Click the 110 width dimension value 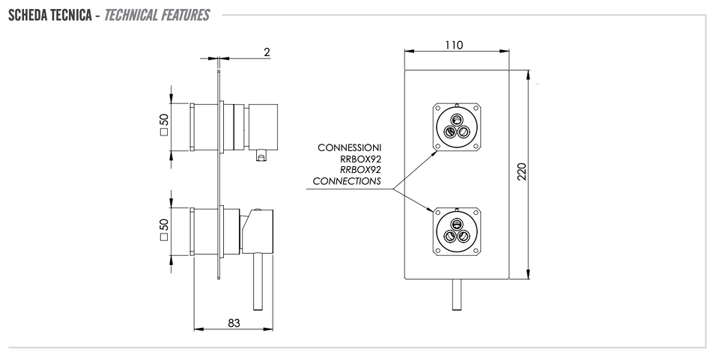point(454,45)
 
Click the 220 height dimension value point(522,171)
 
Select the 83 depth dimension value point(234,323)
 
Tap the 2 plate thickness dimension point(267,52)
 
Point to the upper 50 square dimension point(164,124)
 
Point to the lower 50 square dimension point(164,230)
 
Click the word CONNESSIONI point(350,148)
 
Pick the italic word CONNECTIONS point(347,181)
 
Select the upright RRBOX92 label point(360,159)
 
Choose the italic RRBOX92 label point(360,170)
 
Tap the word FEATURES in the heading point(184,15)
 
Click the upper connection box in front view point(457,127)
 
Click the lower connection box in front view point(457,231)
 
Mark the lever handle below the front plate point(456,294)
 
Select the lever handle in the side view point(258,281)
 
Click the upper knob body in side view point(262,127)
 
